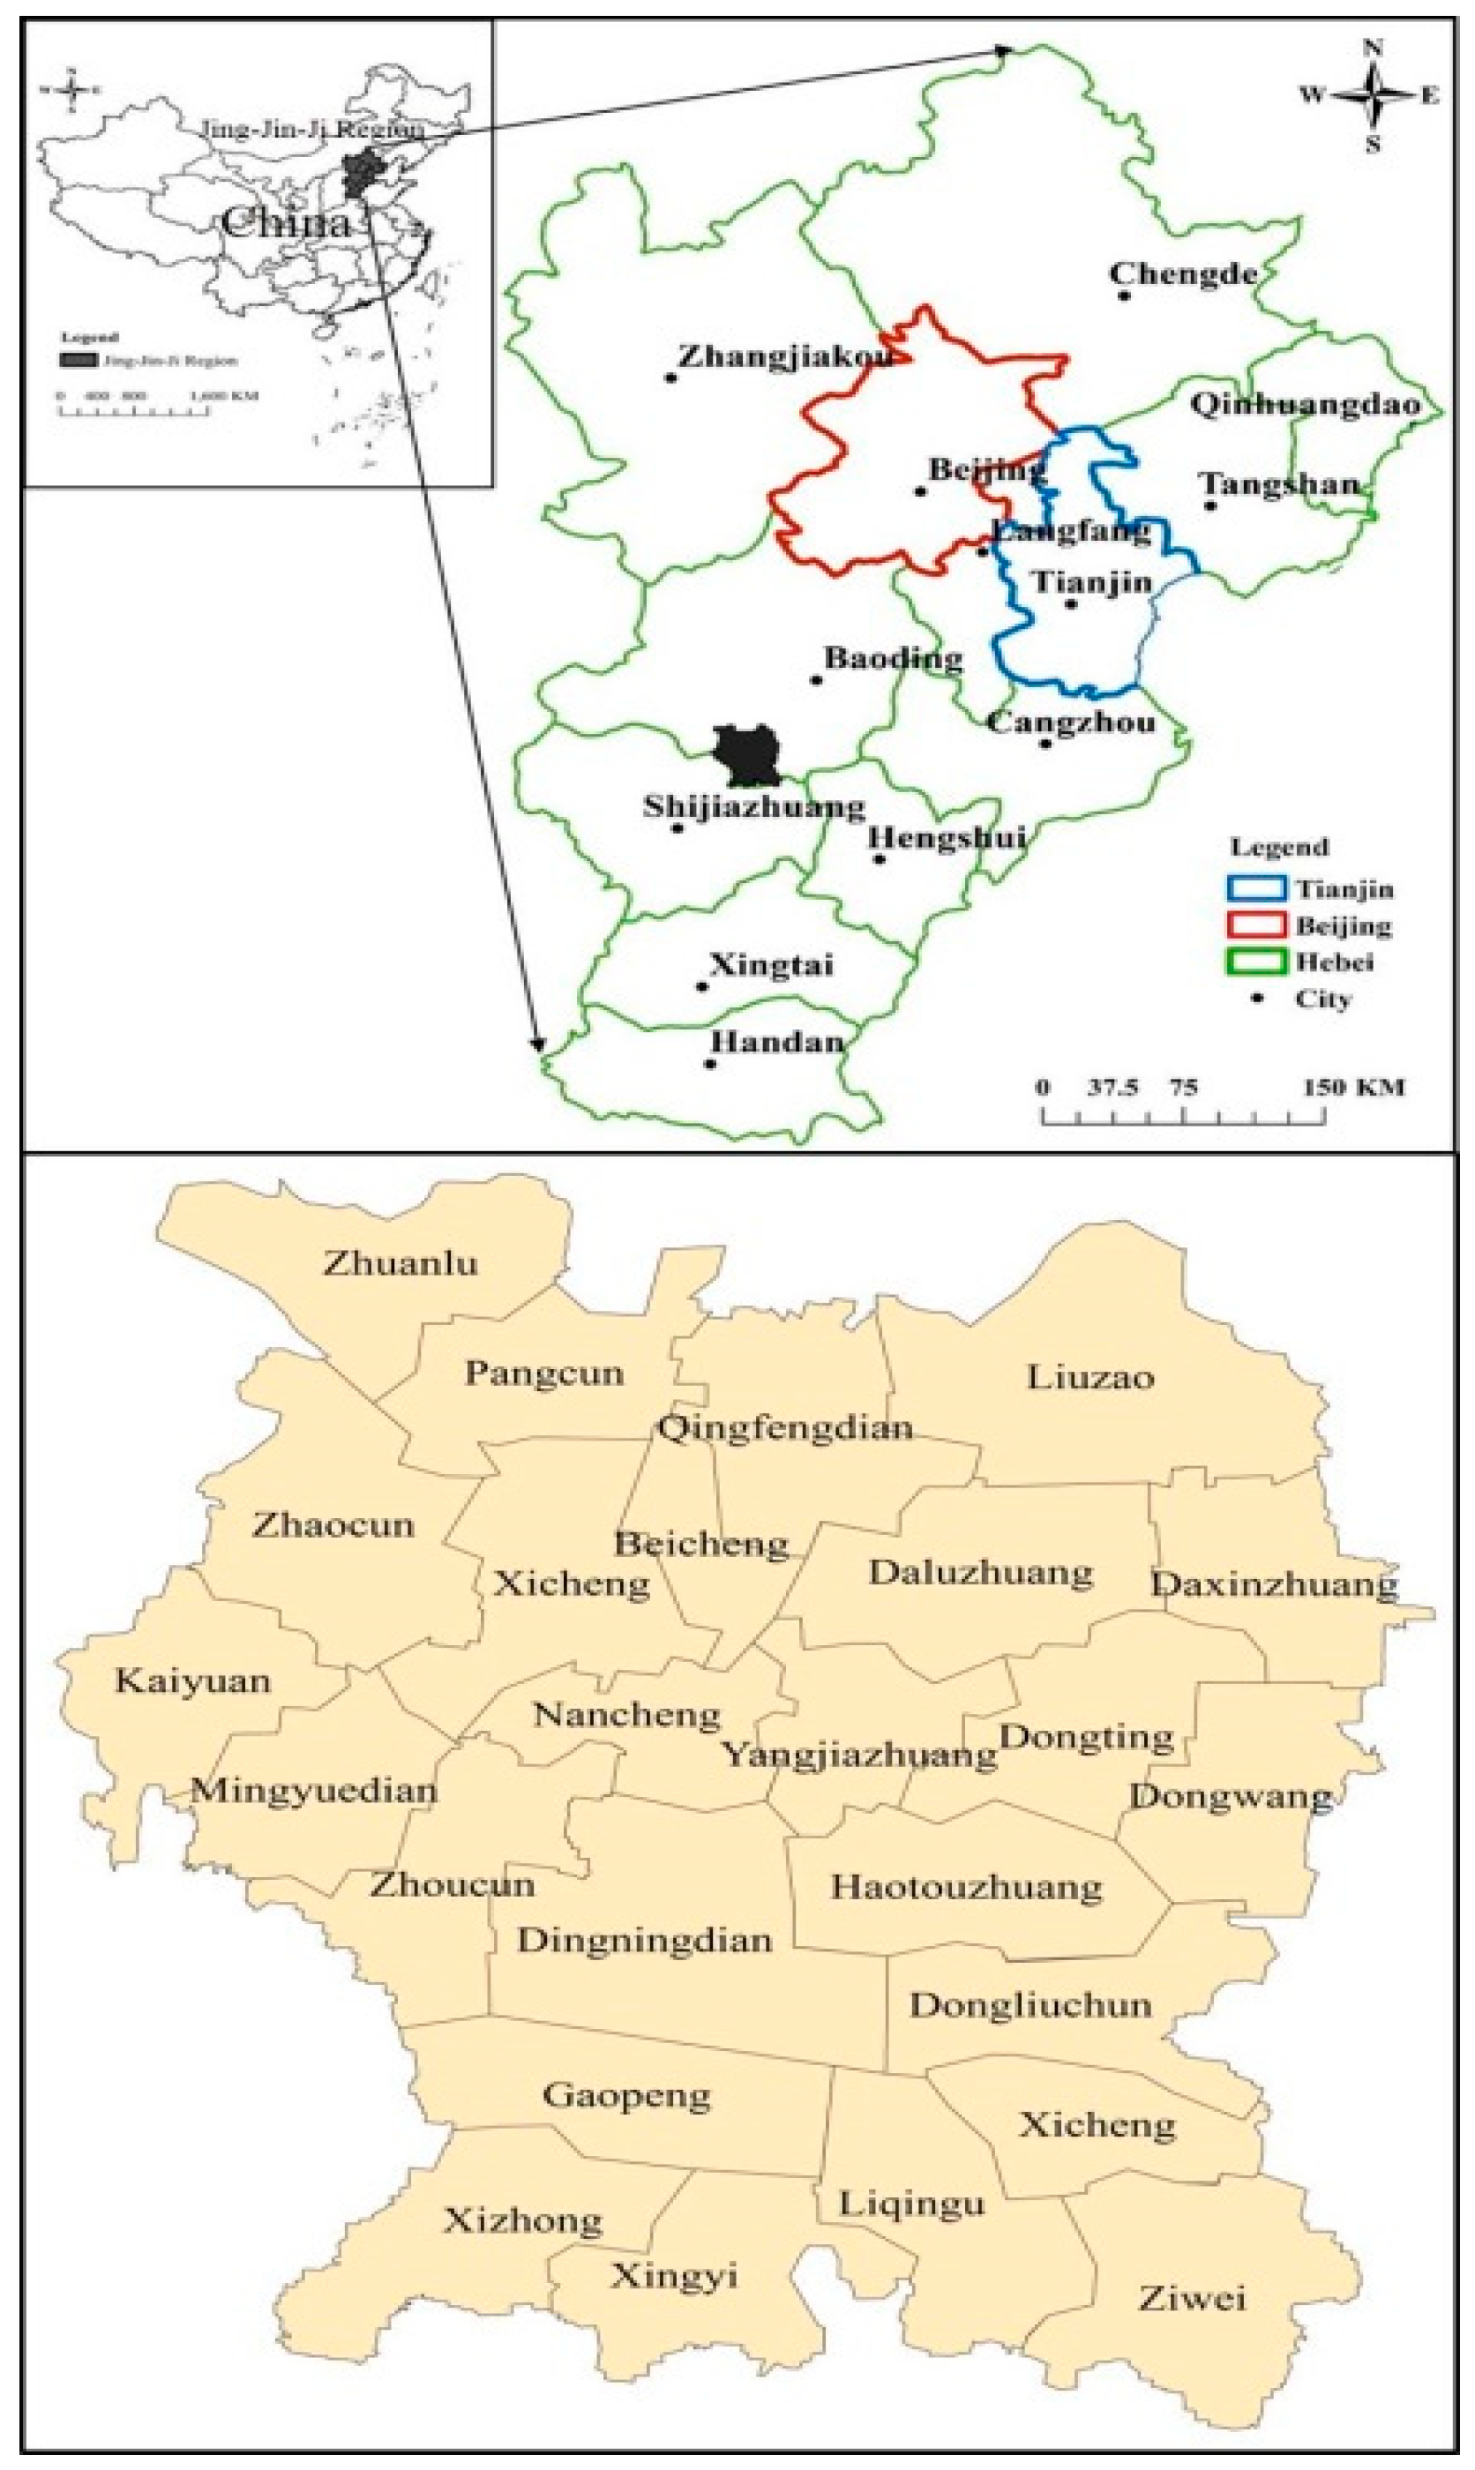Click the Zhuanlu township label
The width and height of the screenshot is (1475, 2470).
point(401,1264)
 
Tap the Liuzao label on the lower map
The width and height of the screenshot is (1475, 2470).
point(1089,1378)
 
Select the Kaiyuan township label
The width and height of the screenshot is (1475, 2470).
point(193,1681)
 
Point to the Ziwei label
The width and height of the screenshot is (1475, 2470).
point(1191,2299)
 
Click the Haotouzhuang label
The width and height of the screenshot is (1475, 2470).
point(966,1888)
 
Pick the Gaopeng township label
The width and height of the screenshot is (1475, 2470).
point(626,2097)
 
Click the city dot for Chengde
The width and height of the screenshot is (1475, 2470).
point(1124,296)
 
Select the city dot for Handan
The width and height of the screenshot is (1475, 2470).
point(709,1064)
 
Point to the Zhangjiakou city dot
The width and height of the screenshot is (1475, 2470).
point(671,378)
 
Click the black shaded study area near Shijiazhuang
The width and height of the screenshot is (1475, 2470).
point(747,755)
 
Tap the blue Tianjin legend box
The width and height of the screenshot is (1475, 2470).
point(1256,888)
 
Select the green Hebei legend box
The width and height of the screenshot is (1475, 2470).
point(1256,962)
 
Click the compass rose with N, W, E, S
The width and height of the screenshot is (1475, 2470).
point(1372,95)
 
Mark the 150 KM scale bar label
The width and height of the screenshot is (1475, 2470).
point(1354,1087)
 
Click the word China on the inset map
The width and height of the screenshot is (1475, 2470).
point(286,222)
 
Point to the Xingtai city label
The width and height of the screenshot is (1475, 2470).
point(771,965)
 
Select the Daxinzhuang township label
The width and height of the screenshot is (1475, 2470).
point(1274,1583)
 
